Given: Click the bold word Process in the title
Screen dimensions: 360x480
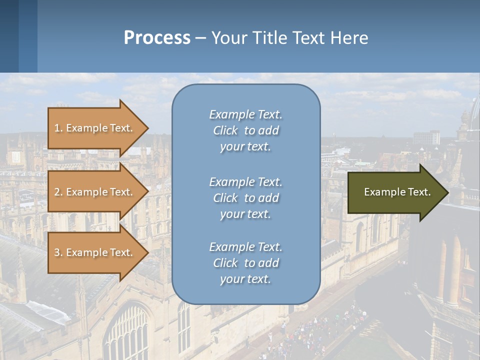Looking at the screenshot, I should pyautogui.click(x=157, y=38).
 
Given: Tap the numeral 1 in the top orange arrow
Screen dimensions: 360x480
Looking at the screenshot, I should pyautogui.click(x=57, y=128).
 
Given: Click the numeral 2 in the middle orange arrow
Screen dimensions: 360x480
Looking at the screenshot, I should pyautogui.click(x=57, y=192).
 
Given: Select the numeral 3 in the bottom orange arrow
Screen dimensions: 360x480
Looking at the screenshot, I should pyautogui.click(x=57, y=252).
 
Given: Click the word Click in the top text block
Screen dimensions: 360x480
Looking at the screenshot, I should pyautogui.click(x=225, y=131).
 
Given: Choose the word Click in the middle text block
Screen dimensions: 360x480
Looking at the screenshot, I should pyautogui.click(x=225, y=198).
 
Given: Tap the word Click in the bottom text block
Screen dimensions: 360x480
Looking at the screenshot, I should pyautogui.click(x=225, y=263).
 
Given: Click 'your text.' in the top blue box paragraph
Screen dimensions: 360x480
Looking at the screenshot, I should pyautogui.click(x=245, y=147).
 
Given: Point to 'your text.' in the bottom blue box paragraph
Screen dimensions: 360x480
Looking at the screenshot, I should pyautogui.click(x=245, y=279).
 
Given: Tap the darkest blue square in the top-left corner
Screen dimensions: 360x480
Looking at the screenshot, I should pyautogui.click(x=9, y=36).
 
